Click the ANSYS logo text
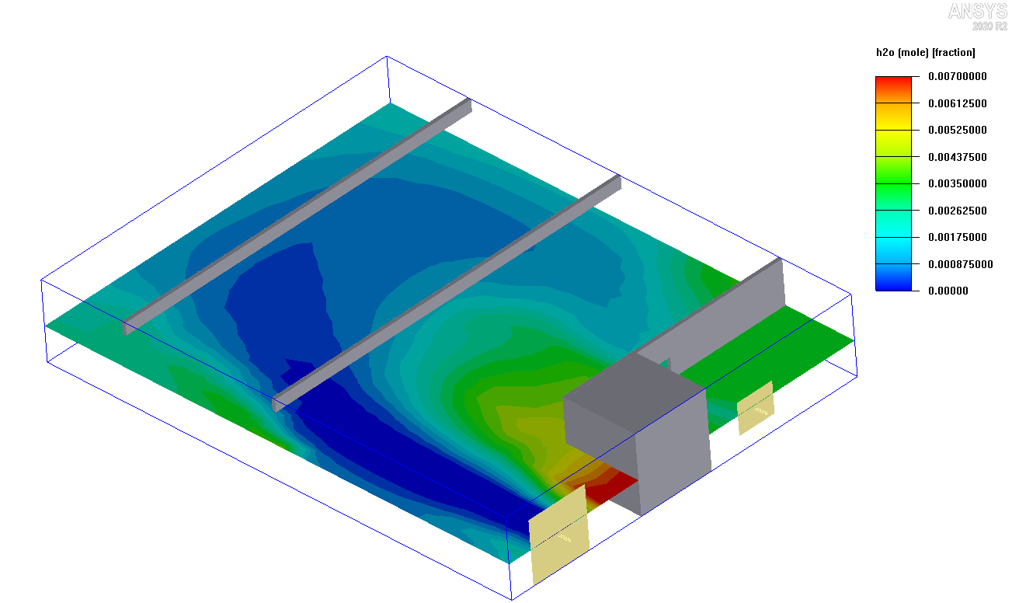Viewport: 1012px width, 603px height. pos(977,11)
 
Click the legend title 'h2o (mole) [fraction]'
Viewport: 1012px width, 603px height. pos(925,53)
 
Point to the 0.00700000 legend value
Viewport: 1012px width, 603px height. pos(957,76)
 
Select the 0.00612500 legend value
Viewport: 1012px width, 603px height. pos(957,103)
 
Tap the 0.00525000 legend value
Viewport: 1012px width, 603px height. pos(957,130)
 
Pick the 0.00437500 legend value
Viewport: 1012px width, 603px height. pos(957,157)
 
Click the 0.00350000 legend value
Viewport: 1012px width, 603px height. pos(957,183)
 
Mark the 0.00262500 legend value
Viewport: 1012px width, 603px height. pos(957,211)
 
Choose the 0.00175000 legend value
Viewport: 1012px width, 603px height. pos(957,237)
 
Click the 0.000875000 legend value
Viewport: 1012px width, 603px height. pos(960,264)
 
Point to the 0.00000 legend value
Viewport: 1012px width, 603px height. pos(950,291)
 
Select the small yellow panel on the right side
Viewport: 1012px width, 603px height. pos(755,407)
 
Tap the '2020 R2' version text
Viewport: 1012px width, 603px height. pos(989,26)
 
